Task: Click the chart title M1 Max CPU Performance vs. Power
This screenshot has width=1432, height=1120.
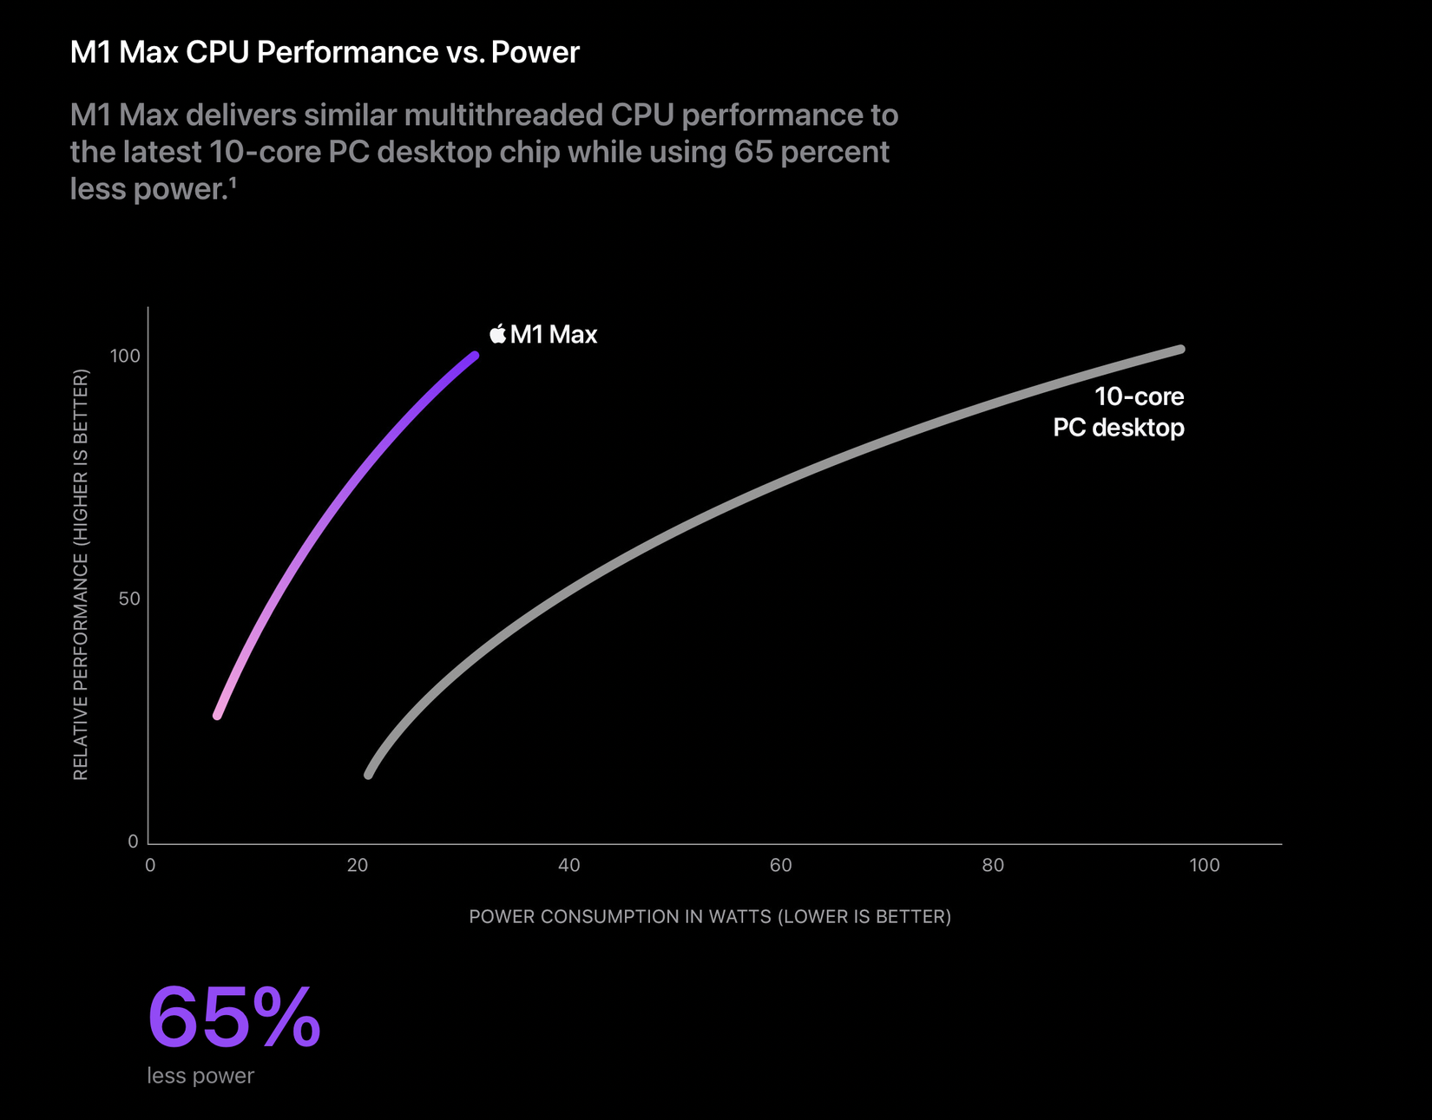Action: pos(324,53)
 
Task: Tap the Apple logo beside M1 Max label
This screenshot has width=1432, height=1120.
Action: pos(497,334)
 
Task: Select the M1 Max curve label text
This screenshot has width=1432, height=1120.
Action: pos(554,335)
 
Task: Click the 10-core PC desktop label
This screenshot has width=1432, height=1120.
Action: pos(1119,412)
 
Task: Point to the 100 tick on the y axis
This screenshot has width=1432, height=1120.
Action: pos(125,357)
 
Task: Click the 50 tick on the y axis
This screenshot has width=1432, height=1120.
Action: pos(129,599)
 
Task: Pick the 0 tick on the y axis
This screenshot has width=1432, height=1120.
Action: pos(133,842)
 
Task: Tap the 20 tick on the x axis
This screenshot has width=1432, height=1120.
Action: pos(358,866)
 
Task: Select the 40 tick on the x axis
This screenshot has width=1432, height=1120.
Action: pos(568,866)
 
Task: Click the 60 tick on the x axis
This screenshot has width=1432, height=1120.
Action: pos(780,866)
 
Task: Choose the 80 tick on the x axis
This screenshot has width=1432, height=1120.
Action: pos(993,866)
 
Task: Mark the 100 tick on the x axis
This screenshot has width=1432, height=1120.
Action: pos(1204,866)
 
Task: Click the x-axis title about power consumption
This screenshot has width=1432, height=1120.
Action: pos(710,917)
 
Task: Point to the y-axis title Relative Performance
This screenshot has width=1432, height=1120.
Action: pos(81,574)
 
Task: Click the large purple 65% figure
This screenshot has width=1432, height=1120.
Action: pos(234,1017)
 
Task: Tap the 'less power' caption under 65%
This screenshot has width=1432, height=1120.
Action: pos(200,1076)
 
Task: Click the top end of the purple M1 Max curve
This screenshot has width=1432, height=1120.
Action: pos(474,356)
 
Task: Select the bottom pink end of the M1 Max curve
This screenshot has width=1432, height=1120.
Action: pos(218,715)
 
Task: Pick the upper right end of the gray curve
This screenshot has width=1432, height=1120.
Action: pos(1179,350)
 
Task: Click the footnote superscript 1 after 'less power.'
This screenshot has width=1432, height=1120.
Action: pos(233,183)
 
